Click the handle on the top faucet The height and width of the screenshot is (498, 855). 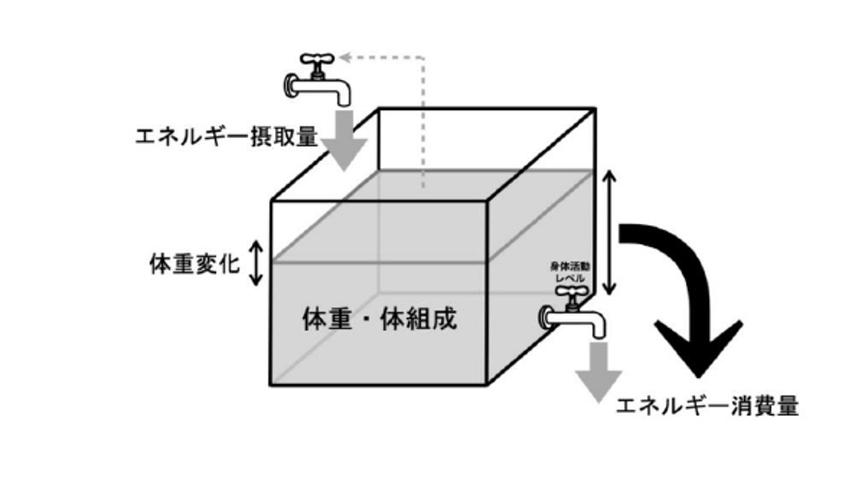[x=314, y=59]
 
